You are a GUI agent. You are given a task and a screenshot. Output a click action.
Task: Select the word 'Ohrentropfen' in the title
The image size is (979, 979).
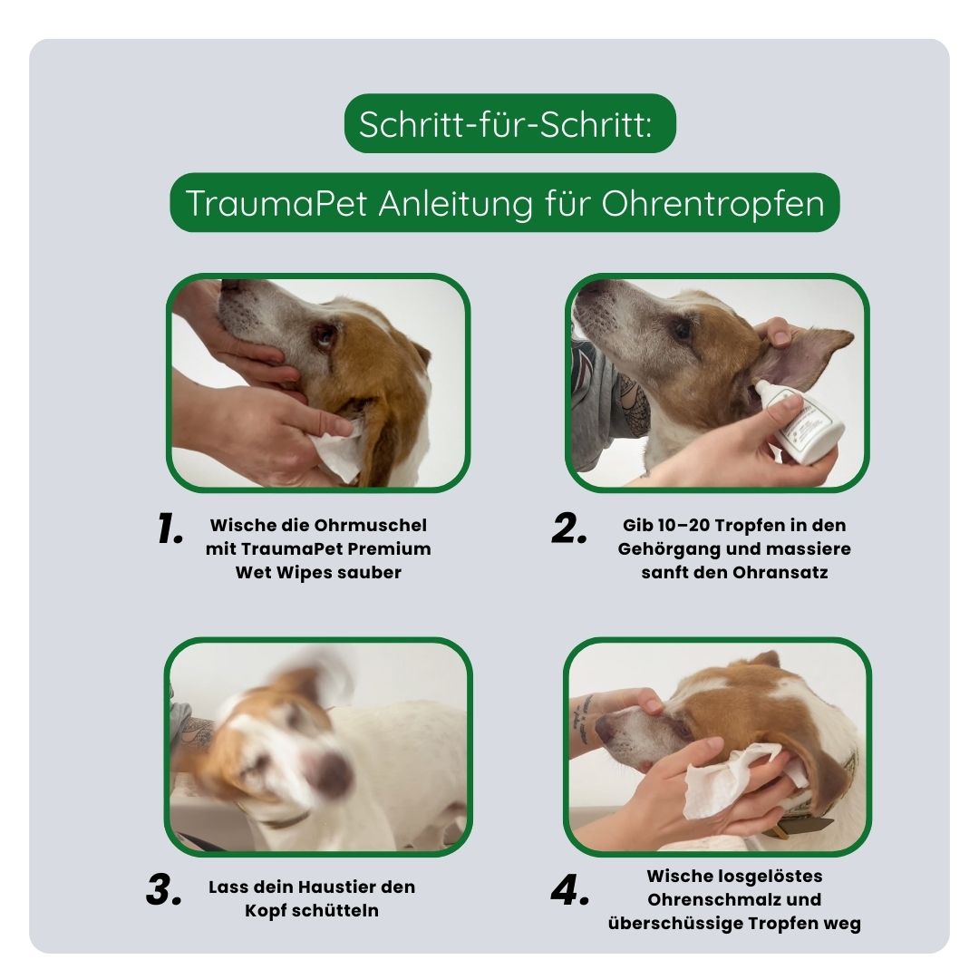click(x=712, y=203)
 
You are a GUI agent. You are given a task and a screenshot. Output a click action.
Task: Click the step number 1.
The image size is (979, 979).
click(x=170, y=529)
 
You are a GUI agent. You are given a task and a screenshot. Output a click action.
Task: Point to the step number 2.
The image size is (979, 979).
click(x=568, y=529)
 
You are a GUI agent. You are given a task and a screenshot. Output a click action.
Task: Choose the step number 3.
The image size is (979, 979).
click(x=164, y=890)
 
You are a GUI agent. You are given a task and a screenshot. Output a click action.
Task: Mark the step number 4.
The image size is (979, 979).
click(x=570, y=890)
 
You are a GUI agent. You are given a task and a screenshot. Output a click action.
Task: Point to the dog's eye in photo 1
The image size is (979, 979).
click(x=324, y=336)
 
